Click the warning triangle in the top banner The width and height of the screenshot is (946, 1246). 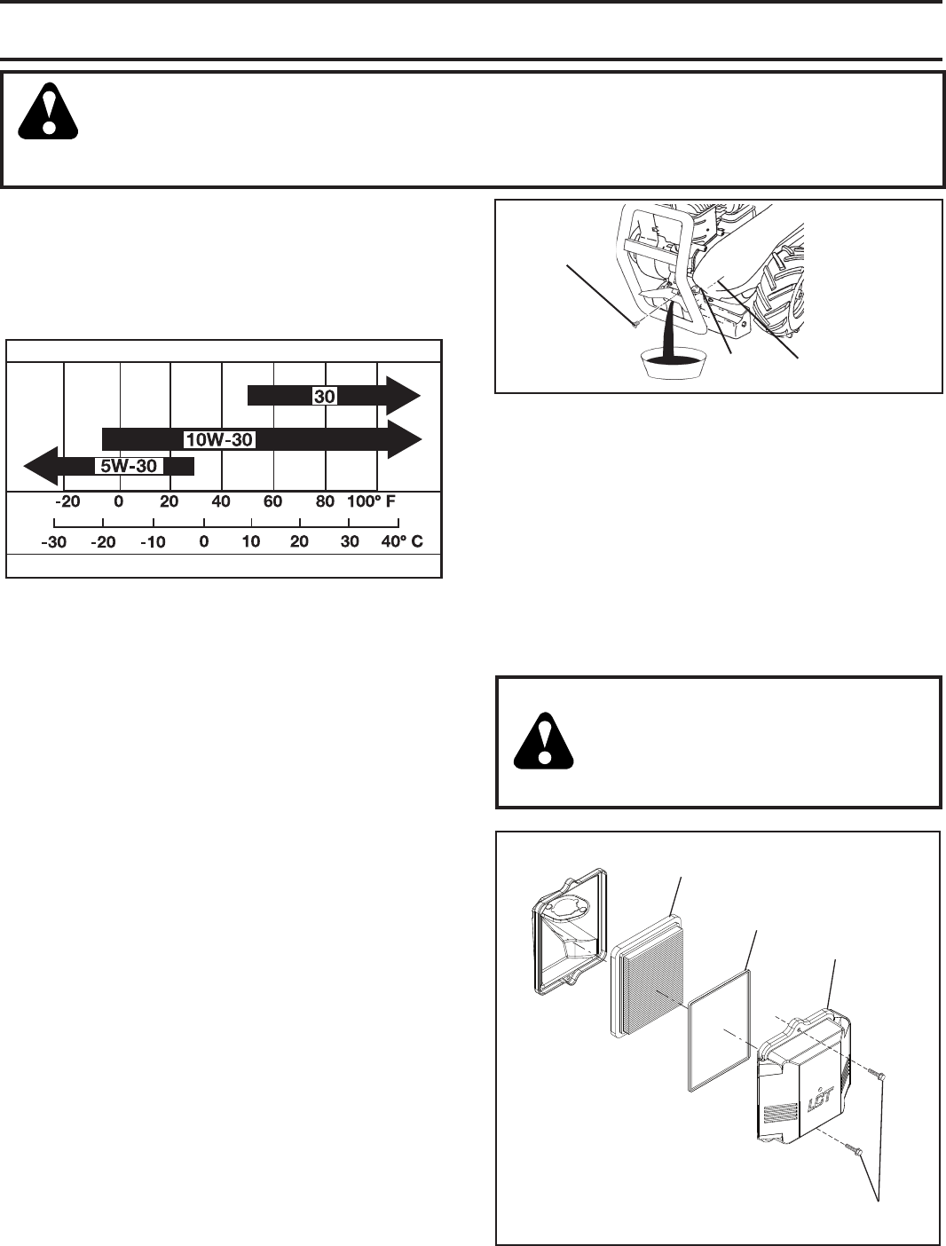(49, 112)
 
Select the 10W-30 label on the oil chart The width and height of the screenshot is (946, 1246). (218, 438)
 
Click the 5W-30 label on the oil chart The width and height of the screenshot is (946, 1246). (128, 466)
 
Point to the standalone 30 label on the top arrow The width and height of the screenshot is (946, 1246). (324, 397)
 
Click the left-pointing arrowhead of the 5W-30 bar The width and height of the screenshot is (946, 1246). (37, 466)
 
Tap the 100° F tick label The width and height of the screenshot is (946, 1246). (370, 501)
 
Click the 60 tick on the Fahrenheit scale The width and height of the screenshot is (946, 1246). (272, 501)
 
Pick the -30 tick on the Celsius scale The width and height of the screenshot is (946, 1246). (54, 542)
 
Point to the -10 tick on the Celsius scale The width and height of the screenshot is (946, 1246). (153, 542)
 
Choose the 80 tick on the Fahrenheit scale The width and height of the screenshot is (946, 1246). (326, 501)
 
